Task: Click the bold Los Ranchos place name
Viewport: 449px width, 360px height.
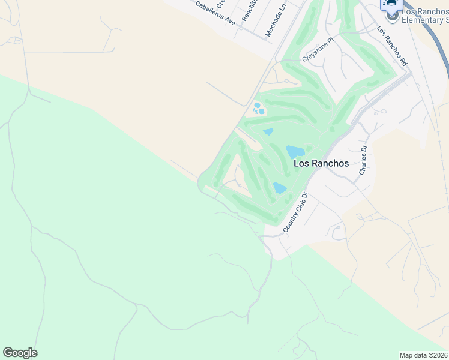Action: (321, 163)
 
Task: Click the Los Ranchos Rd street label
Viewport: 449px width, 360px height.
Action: (392, 46)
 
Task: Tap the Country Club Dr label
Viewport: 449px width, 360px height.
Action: (295, 212)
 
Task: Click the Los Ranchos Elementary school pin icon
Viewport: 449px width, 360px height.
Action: (393, 14)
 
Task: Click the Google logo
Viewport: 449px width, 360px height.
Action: (20, 353)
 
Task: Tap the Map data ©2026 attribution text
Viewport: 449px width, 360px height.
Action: (423, 355)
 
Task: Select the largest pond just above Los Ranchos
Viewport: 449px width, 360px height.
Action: (295, 151)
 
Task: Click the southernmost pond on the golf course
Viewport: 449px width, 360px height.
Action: (280, 187)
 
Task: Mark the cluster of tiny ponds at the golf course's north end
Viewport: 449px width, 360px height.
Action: (259, 109)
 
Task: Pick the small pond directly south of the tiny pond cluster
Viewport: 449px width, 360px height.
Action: (268, 131)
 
